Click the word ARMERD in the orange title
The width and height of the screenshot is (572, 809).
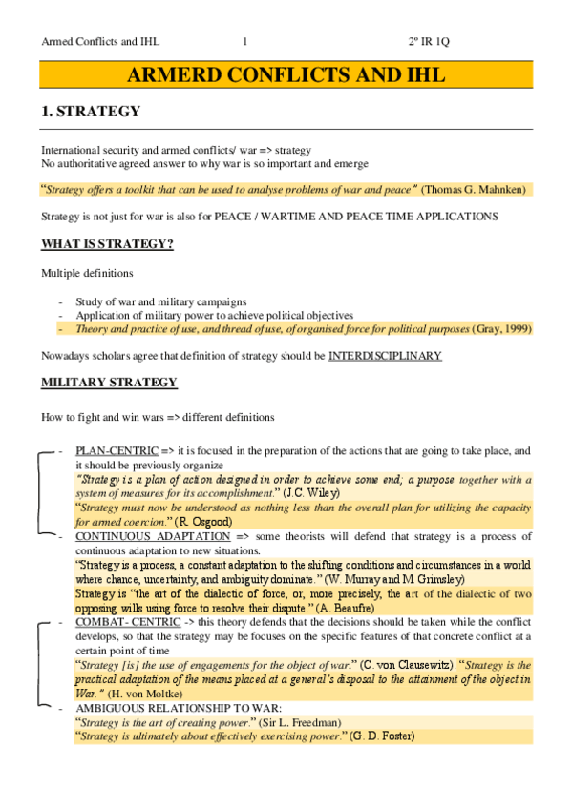pos(172,75)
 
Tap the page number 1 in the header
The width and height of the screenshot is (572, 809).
pos(245,41)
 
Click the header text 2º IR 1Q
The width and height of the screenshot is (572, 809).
pos(433,41)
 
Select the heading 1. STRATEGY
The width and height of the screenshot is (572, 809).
pos(92,112)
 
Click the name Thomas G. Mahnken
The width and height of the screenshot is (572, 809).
pos(476,189)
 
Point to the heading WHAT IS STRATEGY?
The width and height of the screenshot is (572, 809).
pos(107,244)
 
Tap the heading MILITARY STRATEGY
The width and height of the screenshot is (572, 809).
pos(109,383)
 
